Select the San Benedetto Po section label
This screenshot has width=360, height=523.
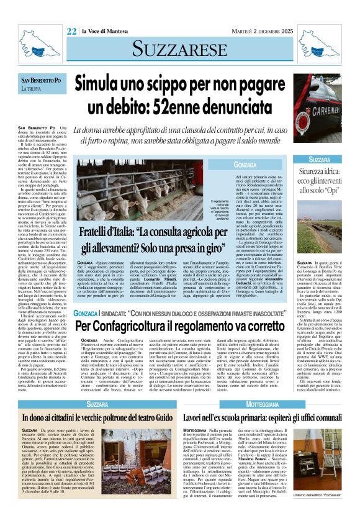pyautogui.click(x=41, y=81)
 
